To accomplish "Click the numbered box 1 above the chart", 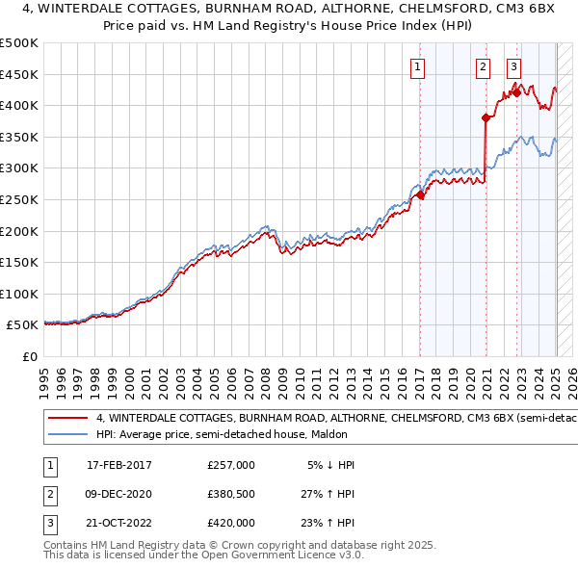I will point(418,66).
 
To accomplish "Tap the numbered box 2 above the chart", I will point(482,66).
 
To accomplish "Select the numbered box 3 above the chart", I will point(513,66).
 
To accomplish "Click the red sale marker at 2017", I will point(420,195).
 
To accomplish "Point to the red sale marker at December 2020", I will point(486,117).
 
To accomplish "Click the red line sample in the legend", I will point(67,418).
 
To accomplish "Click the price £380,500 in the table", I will point(230,494).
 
